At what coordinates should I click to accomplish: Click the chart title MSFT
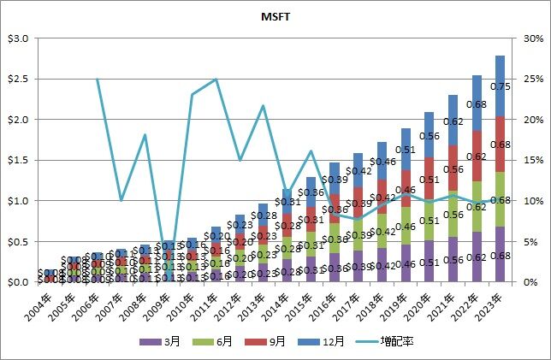[x=275, y=16]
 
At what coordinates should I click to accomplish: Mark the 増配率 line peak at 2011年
[x=216, y=80]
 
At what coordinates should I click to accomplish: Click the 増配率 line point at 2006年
[x=97, y=80]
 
